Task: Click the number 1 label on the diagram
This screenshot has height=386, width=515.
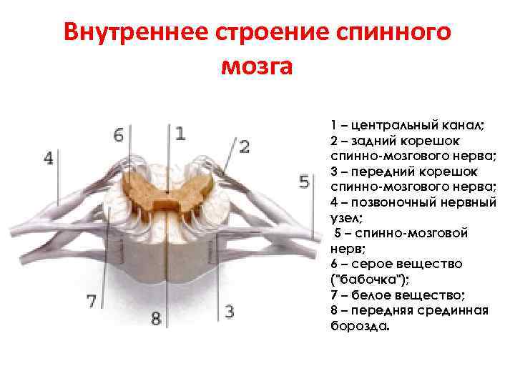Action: [180, 133]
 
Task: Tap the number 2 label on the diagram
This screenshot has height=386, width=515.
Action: [245, 147]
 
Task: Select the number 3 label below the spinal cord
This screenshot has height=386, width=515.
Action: [229, 311]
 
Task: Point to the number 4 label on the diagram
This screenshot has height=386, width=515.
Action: [49, 158]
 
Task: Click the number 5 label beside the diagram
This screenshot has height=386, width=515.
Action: [304, 182]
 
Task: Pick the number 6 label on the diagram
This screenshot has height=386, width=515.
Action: [119, 134]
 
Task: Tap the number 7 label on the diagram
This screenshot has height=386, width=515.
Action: [92, 302]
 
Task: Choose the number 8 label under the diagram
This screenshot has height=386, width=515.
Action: [156, 318]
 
